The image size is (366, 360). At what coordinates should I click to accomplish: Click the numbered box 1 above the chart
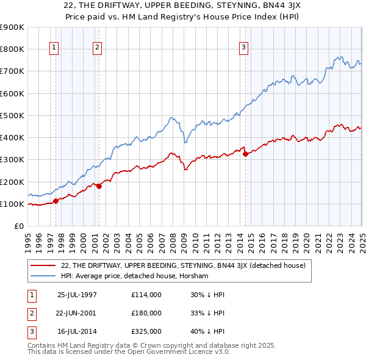[54, 48]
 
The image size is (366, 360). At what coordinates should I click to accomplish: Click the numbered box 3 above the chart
[243, 48]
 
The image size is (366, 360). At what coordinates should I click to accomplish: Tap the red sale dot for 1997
[56, 200]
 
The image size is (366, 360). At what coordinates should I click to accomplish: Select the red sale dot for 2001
[99, 186]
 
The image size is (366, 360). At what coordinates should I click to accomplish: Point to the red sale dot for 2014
[245, 154]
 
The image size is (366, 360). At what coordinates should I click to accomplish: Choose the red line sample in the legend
[43, 265]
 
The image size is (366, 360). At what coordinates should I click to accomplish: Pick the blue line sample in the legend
[43, 276]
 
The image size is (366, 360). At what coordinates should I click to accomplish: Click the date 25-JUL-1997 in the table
[76, 295]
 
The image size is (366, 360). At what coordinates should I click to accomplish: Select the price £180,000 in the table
[146, 313]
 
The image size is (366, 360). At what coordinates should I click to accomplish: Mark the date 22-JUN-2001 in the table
[76, 313]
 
